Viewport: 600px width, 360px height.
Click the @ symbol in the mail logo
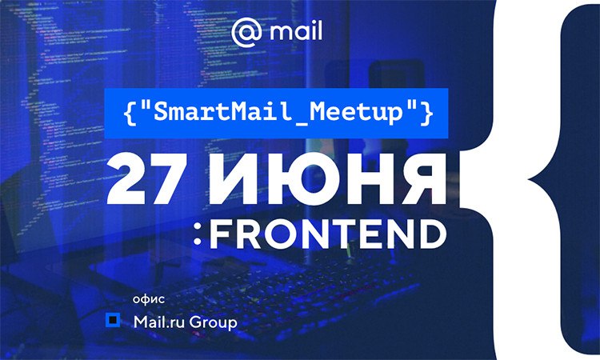(x=247, y=32)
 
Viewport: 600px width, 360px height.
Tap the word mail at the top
(x=296, y=30)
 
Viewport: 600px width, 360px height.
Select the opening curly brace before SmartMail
(x=130, y=114)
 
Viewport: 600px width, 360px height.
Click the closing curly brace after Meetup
(x=426, y=114)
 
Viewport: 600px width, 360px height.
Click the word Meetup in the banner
(x=356, y=113)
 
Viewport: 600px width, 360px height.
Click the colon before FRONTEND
(x=198, y=234)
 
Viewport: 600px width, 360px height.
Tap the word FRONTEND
(x=329, y=234)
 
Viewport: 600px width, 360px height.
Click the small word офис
(x=149, y=298)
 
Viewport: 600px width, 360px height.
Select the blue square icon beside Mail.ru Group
(x=113, y=320)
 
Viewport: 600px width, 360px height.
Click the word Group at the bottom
(x=213, y=323)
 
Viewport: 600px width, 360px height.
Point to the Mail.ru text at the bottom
(x=159, y=322)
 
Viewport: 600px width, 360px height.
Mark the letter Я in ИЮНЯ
(x=425, y=178)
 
